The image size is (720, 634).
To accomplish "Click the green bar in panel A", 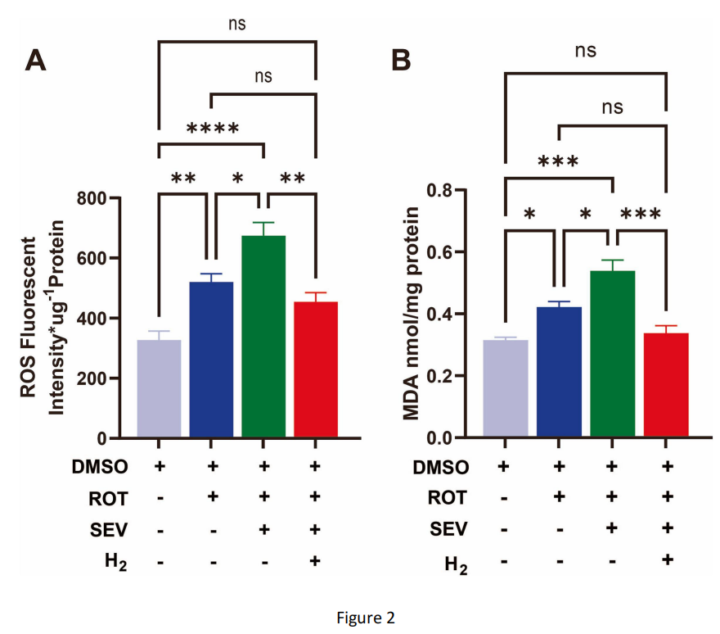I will (x=263, y=337).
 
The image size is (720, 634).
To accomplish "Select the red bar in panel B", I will (x=666, y=385).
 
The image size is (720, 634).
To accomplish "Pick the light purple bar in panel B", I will (x=505, y=389).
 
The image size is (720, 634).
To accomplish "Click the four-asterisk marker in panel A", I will (x=212, y=129).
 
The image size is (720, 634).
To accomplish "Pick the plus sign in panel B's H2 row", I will (x=667, y=560).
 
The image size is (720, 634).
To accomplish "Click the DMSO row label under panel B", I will (x=440, y=468).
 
